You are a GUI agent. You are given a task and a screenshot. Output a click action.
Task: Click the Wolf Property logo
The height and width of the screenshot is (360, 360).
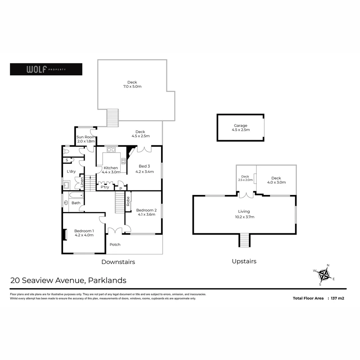[46, 69]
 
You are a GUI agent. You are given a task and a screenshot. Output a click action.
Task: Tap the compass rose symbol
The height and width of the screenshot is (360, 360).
[324, 275]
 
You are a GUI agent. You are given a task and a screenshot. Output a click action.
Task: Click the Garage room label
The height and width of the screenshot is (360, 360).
[240, 128]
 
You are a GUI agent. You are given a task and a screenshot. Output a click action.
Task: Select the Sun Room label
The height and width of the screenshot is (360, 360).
[86, 139]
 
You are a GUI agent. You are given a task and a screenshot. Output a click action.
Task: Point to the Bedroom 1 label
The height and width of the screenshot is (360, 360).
[84, 233]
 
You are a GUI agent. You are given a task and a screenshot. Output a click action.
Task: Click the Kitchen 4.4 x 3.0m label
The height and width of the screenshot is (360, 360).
[111, 170]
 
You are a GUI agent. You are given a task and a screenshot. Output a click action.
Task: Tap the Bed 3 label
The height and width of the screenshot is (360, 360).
[144, 169]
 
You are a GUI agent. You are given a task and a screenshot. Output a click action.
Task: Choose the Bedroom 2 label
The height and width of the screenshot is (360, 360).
[146, 212]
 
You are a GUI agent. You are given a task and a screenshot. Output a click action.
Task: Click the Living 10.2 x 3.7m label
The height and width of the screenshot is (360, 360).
[244, 214]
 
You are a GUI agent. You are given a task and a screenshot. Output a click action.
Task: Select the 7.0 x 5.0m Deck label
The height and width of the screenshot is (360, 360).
[132, 84]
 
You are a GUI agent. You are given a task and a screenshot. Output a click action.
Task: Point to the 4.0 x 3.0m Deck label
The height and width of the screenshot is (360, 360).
[276, 180]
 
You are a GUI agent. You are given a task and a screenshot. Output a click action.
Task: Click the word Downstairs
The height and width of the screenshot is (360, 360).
[118, 262]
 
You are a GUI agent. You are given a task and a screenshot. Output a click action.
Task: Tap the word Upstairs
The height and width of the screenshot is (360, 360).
[244, 261]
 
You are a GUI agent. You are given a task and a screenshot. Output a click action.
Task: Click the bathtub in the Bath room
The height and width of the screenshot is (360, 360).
[76, 195]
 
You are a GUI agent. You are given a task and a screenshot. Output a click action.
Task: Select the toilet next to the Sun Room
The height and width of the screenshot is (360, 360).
[66, 151]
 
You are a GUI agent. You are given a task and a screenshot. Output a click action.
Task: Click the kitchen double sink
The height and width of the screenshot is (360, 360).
[111, 150]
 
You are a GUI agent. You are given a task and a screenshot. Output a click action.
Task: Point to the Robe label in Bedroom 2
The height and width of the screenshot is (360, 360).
[128, 201]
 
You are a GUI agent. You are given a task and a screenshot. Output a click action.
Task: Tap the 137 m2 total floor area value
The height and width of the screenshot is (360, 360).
[337, 298]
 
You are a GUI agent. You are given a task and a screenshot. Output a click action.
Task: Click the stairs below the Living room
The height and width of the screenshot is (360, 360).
[244, 240]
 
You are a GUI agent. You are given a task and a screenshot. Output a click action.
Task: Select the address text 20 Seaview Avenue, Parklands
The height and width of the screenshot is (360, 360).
[68, 280]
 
